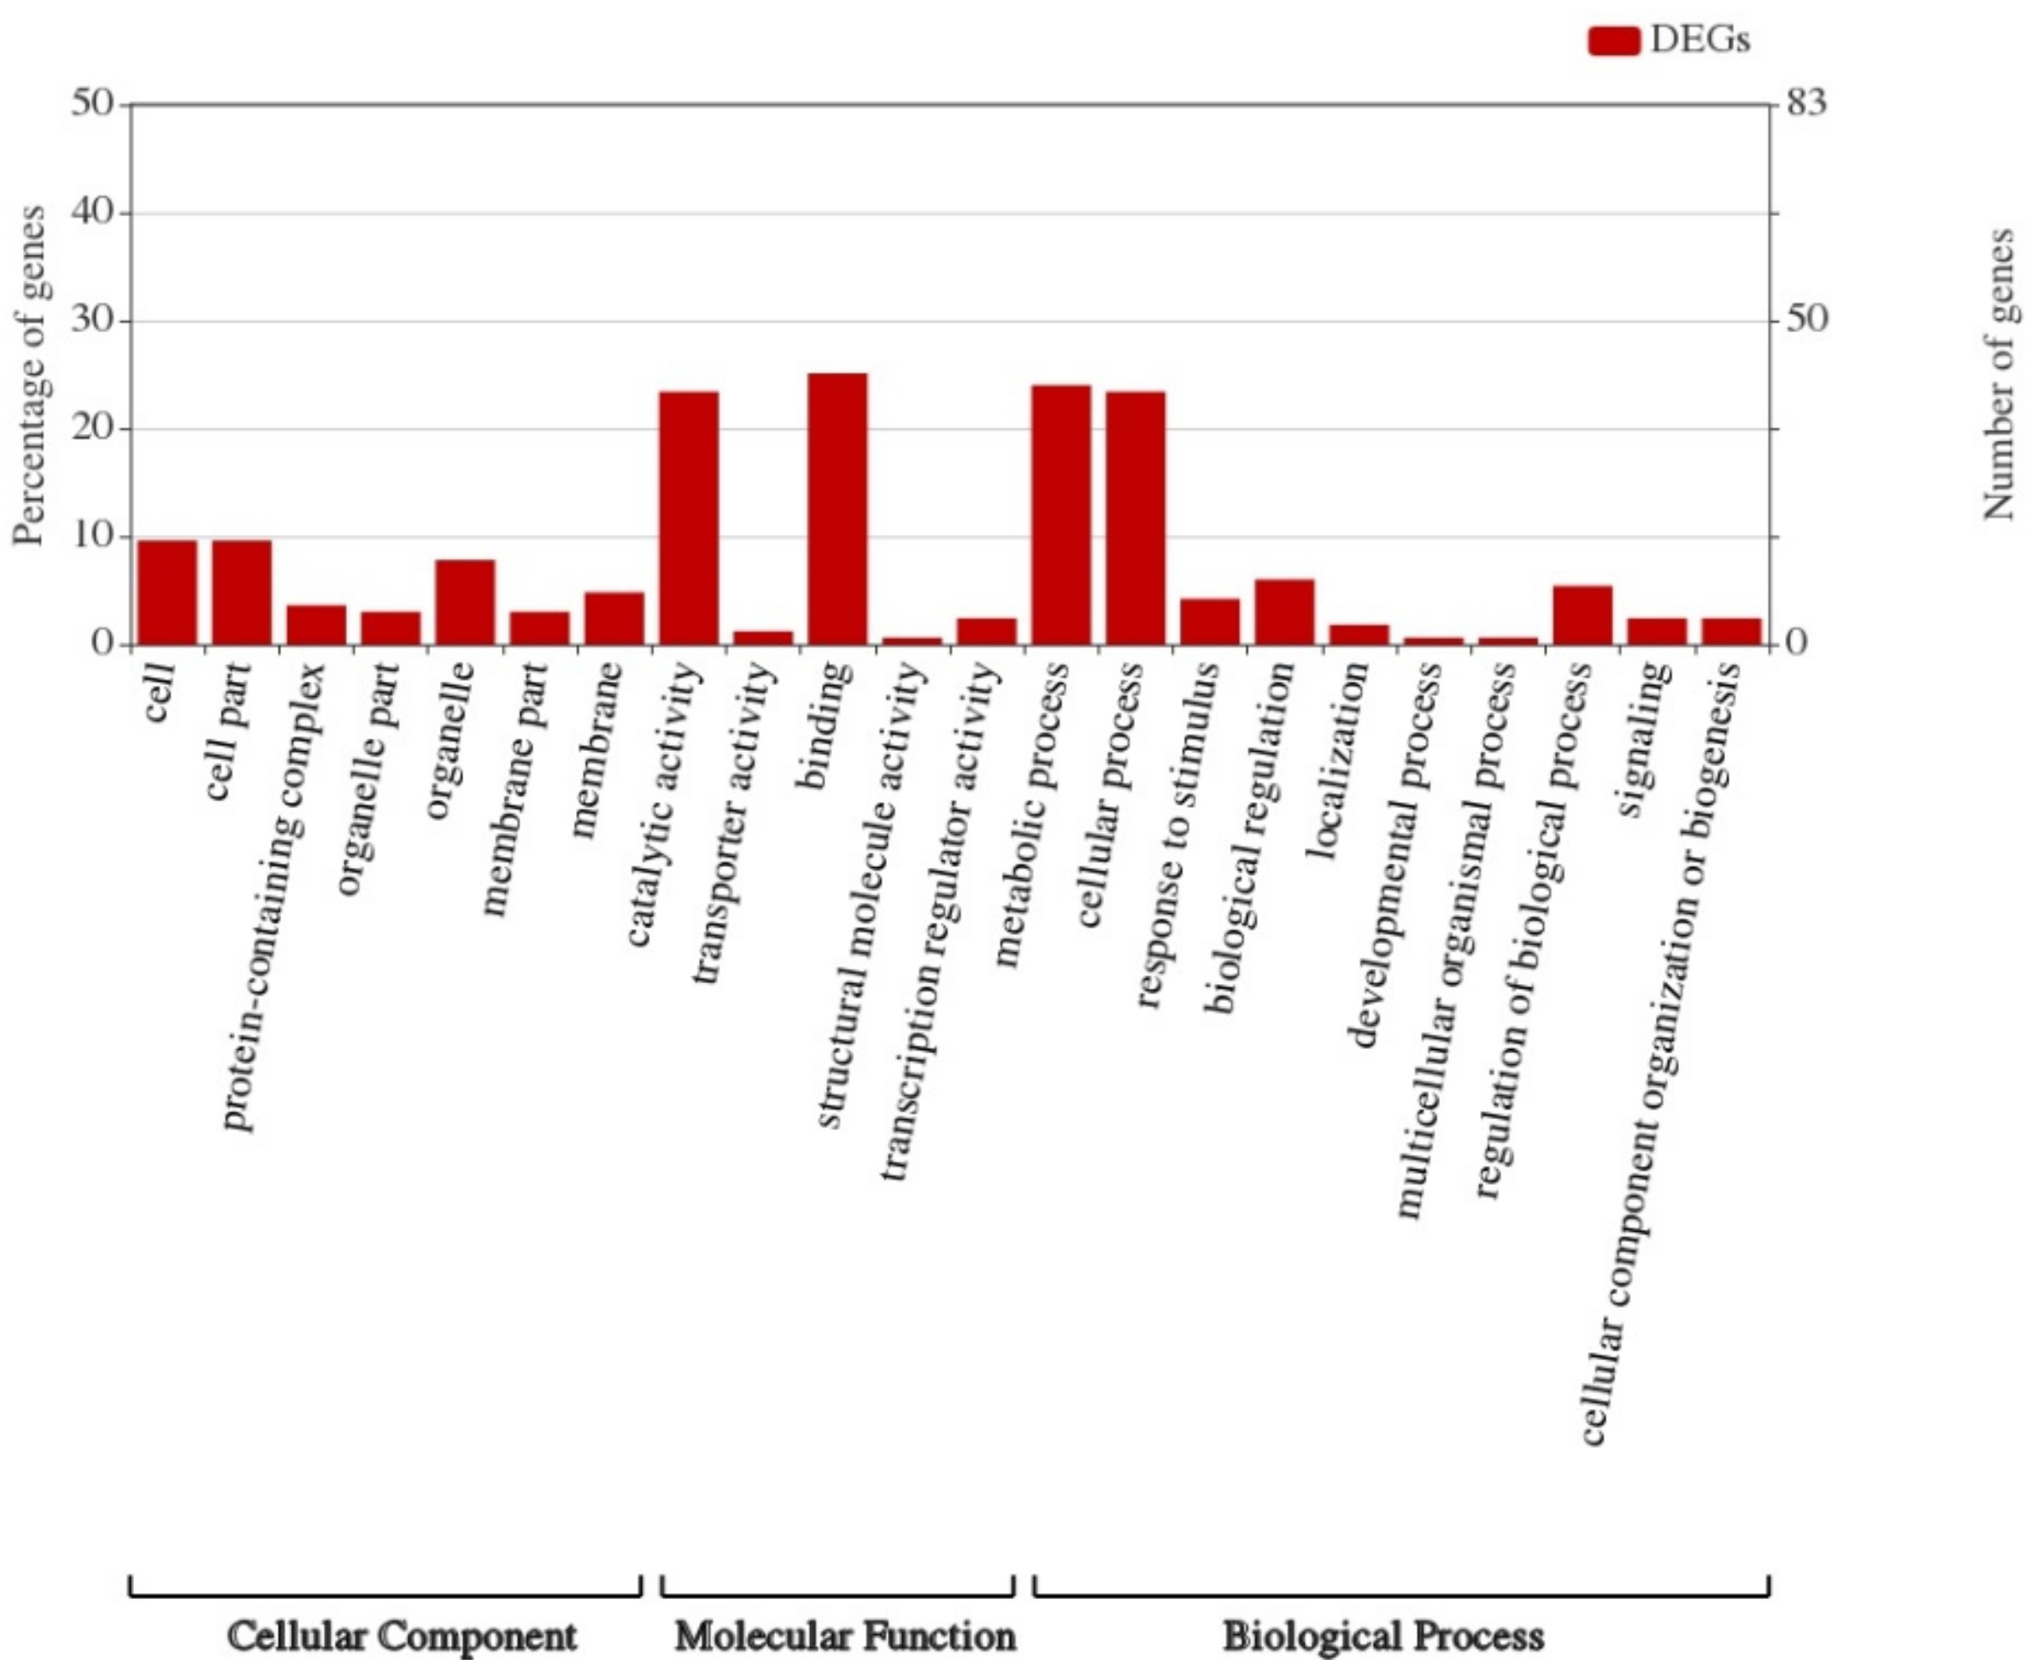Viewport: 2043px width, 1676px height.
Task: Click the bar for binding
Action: (837, 509)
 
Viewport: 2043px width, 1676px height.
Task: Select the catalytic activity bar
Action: (689, 518)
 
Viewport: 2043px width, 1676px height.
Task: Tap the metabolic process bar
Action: (1061, 514)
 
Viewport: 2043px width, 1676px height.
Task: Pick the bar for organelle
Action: (465, 601)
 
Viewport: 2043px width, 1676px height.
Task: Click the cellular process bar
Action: (1136, 518)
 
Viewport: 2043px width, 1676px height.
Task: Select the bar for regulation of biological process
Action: (1582, 615)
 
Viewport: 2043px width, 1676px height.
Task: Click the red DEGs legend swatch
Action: (1613, 40)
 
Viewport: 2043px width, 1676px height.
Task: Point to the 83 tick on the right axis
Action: (1805, 103)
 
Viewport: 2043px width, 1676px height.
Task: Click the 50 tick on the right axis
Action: (1805, 319)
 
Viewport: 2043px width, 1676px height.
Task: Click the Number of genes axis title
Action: (2000, 375)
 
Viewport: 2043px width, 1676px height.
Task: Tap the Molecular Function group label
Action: (844, 1634)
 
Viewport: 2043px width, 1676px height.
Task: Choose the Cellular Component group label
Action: (402, 1634)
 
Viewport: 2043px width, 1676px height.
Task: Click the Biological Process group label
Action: (1383, 1634)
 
